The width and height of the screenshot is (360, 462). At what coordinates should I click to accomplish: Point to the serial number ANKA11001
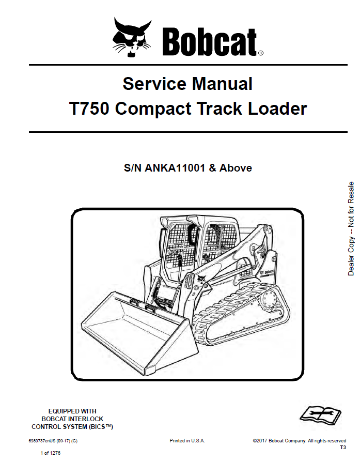click(x=175, y=168)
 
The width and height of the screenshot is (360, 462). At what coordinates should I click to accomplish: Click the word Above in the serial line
click(x=236, y=168)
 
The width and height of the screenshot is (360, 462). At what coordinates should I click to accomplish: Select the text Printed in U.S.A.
click(x=187, y=440)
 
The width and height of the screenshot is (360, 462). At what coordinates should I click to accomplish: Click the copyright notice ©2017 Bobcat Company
click(x=279, y=441)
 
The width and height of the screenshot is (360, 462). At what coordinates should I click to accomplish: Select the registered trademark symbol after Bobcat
click(x=261, y=53)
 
